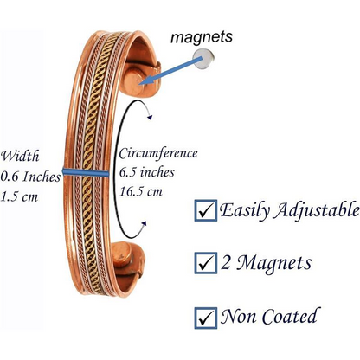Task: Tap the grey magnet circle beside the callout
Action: (203, 60)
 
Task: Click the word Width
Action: (19, 157)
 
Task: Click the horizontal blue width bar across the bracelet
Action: (86, 172)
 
